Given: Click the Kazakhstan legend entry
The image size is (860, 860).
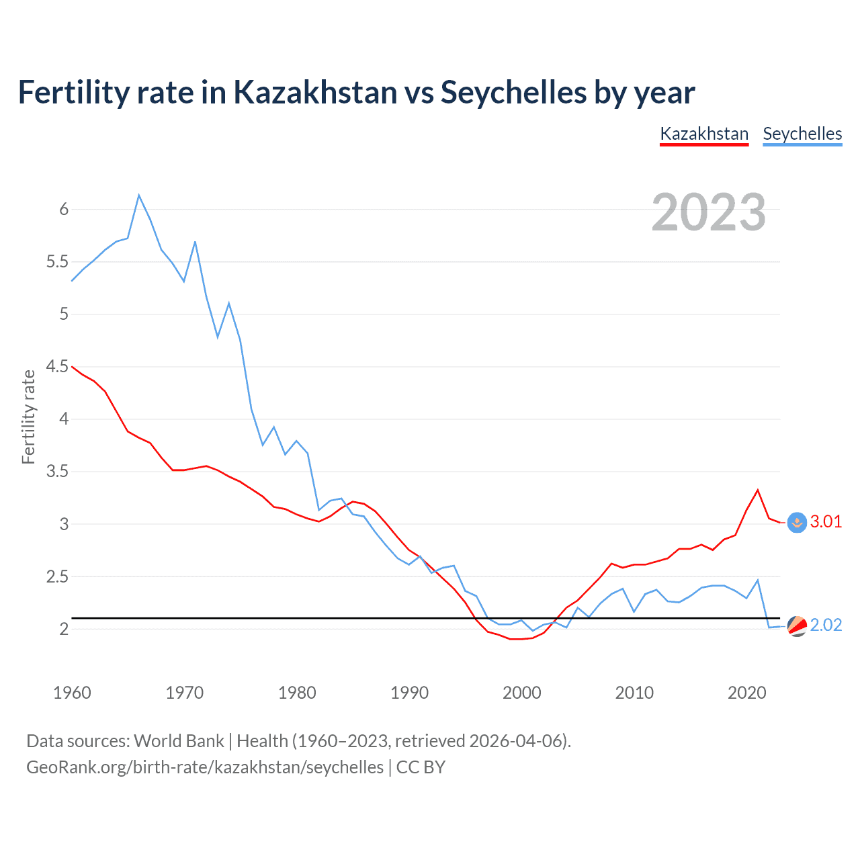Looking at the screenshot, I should pos(704,134).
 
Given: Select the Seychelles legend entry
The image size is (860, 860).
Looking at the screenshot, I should pos(802,134).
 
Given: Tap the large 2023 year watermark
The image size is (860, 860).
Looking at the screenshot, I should pos(709,212).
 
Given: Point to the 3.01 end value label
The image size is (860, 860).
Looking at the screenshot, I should pos(826,521).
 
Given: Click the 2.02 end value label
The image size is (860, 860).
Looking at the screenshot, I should pos(826,625).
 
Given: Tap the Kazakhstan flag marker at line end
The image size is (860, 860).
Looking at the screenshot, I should pos(797,523).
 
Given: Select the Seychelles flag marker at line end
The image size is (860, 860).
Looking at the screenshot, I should pos(797,626).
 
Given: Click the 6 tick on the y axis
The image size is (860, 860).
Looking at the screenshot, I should pos(64,210).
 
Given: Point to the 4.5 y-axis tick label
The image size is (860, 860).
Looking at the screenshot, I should pos(58,367).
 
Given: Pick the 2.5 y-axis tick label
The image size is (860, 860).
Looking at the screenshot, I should pos(58,577).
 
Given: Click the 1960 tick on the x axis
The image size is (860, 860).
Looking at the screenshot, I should pos(72,693).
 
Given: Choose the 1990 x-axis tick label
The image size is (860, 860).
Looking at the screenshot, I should pos(409,693).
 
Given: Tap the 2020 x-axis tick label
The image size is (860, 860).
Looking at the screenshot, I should pos(746,693).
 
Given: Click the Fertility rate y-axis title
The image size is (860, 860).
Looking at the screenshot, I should pos(28,417).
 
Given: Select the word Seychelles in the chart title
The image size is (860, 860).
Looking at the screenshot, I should pos(513,92).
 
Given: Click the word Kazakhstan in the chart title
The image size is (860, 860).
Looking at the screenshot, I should pos(315,92).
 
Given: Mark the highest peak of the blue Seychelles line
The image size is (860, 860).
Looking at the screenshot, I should pos(139,196).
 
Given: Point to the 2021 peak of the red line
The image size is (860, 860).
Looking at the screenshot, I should pos(758,490).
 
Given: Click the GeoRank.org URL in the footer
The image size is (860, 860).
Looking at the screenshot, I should pos(205,767).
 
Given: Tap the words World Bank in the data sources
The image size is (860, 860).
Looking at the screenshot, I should pos(179,741).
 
